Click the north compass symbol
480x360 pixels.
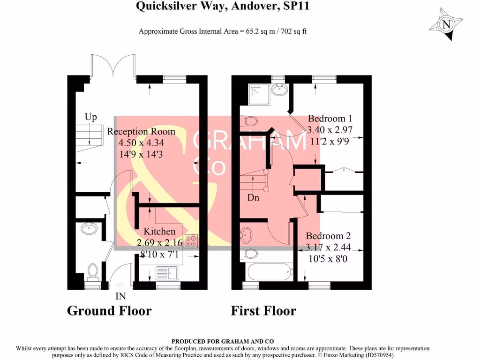coord(446,24)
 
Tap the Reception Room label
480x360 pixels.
coord(141,132)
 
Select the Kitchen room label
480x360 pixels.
coord(159,232)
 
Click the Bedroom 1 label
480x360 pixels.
coord(330,119)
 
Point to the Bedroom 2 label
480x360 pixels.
coord(328,236)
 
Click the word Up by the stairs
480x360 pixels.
coord(90,117)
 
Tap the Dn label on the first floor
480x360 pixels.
coord(253,198)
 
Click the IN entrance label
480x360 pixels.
coord(120,296)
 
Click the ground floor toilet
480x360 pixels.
coord(93,271)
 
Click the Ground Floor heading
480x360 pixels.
coord(109,311)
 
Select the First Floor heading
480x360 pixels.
coord(263,311)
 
